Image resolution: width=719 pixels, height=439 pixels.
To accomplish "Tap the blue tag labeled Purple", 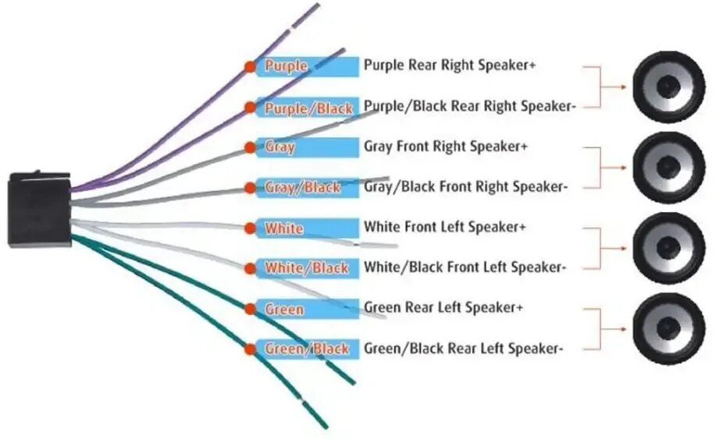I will pyautogui.click(x=306, y=66).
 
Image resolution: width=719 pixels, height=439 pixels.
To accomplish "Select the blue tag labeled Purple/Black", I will pyautogui.click(x=308, y=108).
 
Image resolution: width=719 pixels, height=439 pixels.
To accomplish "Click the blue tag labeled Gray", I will pyautogui.click(x=306, y=147).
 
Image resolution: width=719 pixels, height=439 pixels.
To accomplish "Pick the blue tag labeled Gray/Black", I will pyautogui.click(x=308, y=187).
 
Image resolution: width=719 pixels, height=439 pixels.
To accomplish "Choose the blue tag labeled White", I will pyautogui.click(x=306, y=228).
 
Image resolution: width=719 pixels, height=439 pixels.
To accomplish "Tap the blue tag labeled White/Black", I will pyautogui.click(x=308, y=268).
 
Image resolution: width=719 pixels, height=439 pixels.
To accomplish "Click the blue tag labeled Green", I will pyautogui.click(x=306, y=310).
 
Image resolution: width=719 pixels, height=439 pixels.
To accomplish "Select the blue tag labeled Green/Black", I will pyautogui.click(x=308, y=349).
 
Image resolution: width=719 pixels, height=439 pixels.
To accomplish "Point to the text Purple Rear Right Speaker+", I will pyautogui.click(x=450, y=65).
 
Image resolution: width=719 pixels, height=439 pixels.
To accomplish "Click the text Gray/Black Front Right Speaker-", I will pyautogui.click(x=465, y=187).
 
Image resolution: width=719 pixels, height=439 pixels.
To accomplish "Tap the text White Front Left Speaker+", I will pyautogui.click(x=445, y=228).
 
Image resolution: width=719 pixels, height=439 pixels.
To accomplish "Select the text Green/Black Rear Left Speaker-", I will pyautogui.click(x=463, y=349).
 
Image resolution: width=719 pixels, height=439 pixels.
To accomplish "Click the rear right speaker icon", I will pyautogui.click(x=668, y=87).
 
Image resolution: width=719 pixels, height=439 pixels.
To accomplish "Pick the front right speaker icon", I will pyautogui.click(x=668, y=167).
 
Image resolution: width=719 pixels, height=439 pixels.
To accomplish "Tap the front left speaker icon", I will pyautogui.click(x=668, y=248).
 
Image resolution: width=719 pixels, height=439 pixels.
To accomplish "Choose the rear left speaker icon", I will pyautogui.click(x=668, y=329).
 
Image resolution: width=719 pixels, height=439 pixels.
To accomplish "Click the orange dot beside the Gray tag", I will pyautogui.click(x=250, y=147).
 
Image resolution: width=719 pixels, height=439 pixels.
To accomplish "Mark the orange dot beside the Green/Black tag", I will pyautogui.click(x=250, y=349).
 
